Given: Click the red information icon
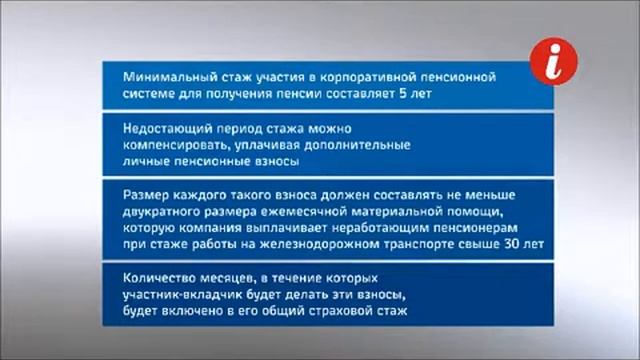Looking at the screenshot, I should (554, 63).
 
